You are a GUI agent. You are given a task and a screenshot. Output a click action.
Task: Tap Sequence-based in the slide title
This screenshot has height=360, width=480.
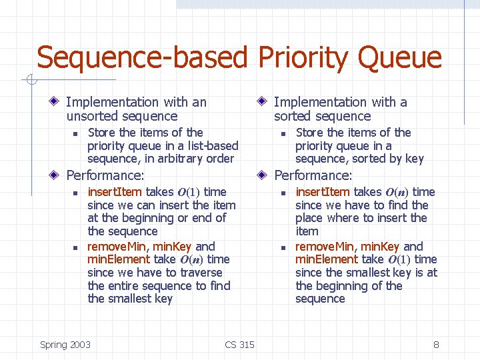140,59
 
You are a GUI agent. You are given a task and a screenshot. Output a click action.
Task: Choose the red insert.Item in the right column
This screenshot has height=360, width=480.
322,192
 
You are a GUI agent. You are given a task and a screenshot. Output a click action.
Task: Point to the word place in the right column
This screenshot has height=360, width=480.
310,218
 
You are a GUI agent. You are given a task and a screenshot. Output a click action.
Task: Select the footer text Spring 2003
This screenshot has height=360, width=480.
65,345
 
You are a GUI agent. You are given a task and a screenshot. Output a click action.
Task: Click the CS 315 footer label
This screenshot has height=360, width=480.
239,345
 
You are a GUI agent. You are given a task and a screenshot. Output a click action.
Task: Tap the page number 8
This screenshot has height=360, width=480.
436,345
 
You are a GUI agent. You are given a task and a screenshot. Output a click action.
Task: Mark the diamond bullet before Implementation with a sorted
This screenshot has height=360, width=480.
264,102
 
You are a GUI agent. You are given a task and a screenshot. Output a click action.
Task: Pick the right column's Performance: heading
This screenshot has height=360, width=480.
313,176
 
